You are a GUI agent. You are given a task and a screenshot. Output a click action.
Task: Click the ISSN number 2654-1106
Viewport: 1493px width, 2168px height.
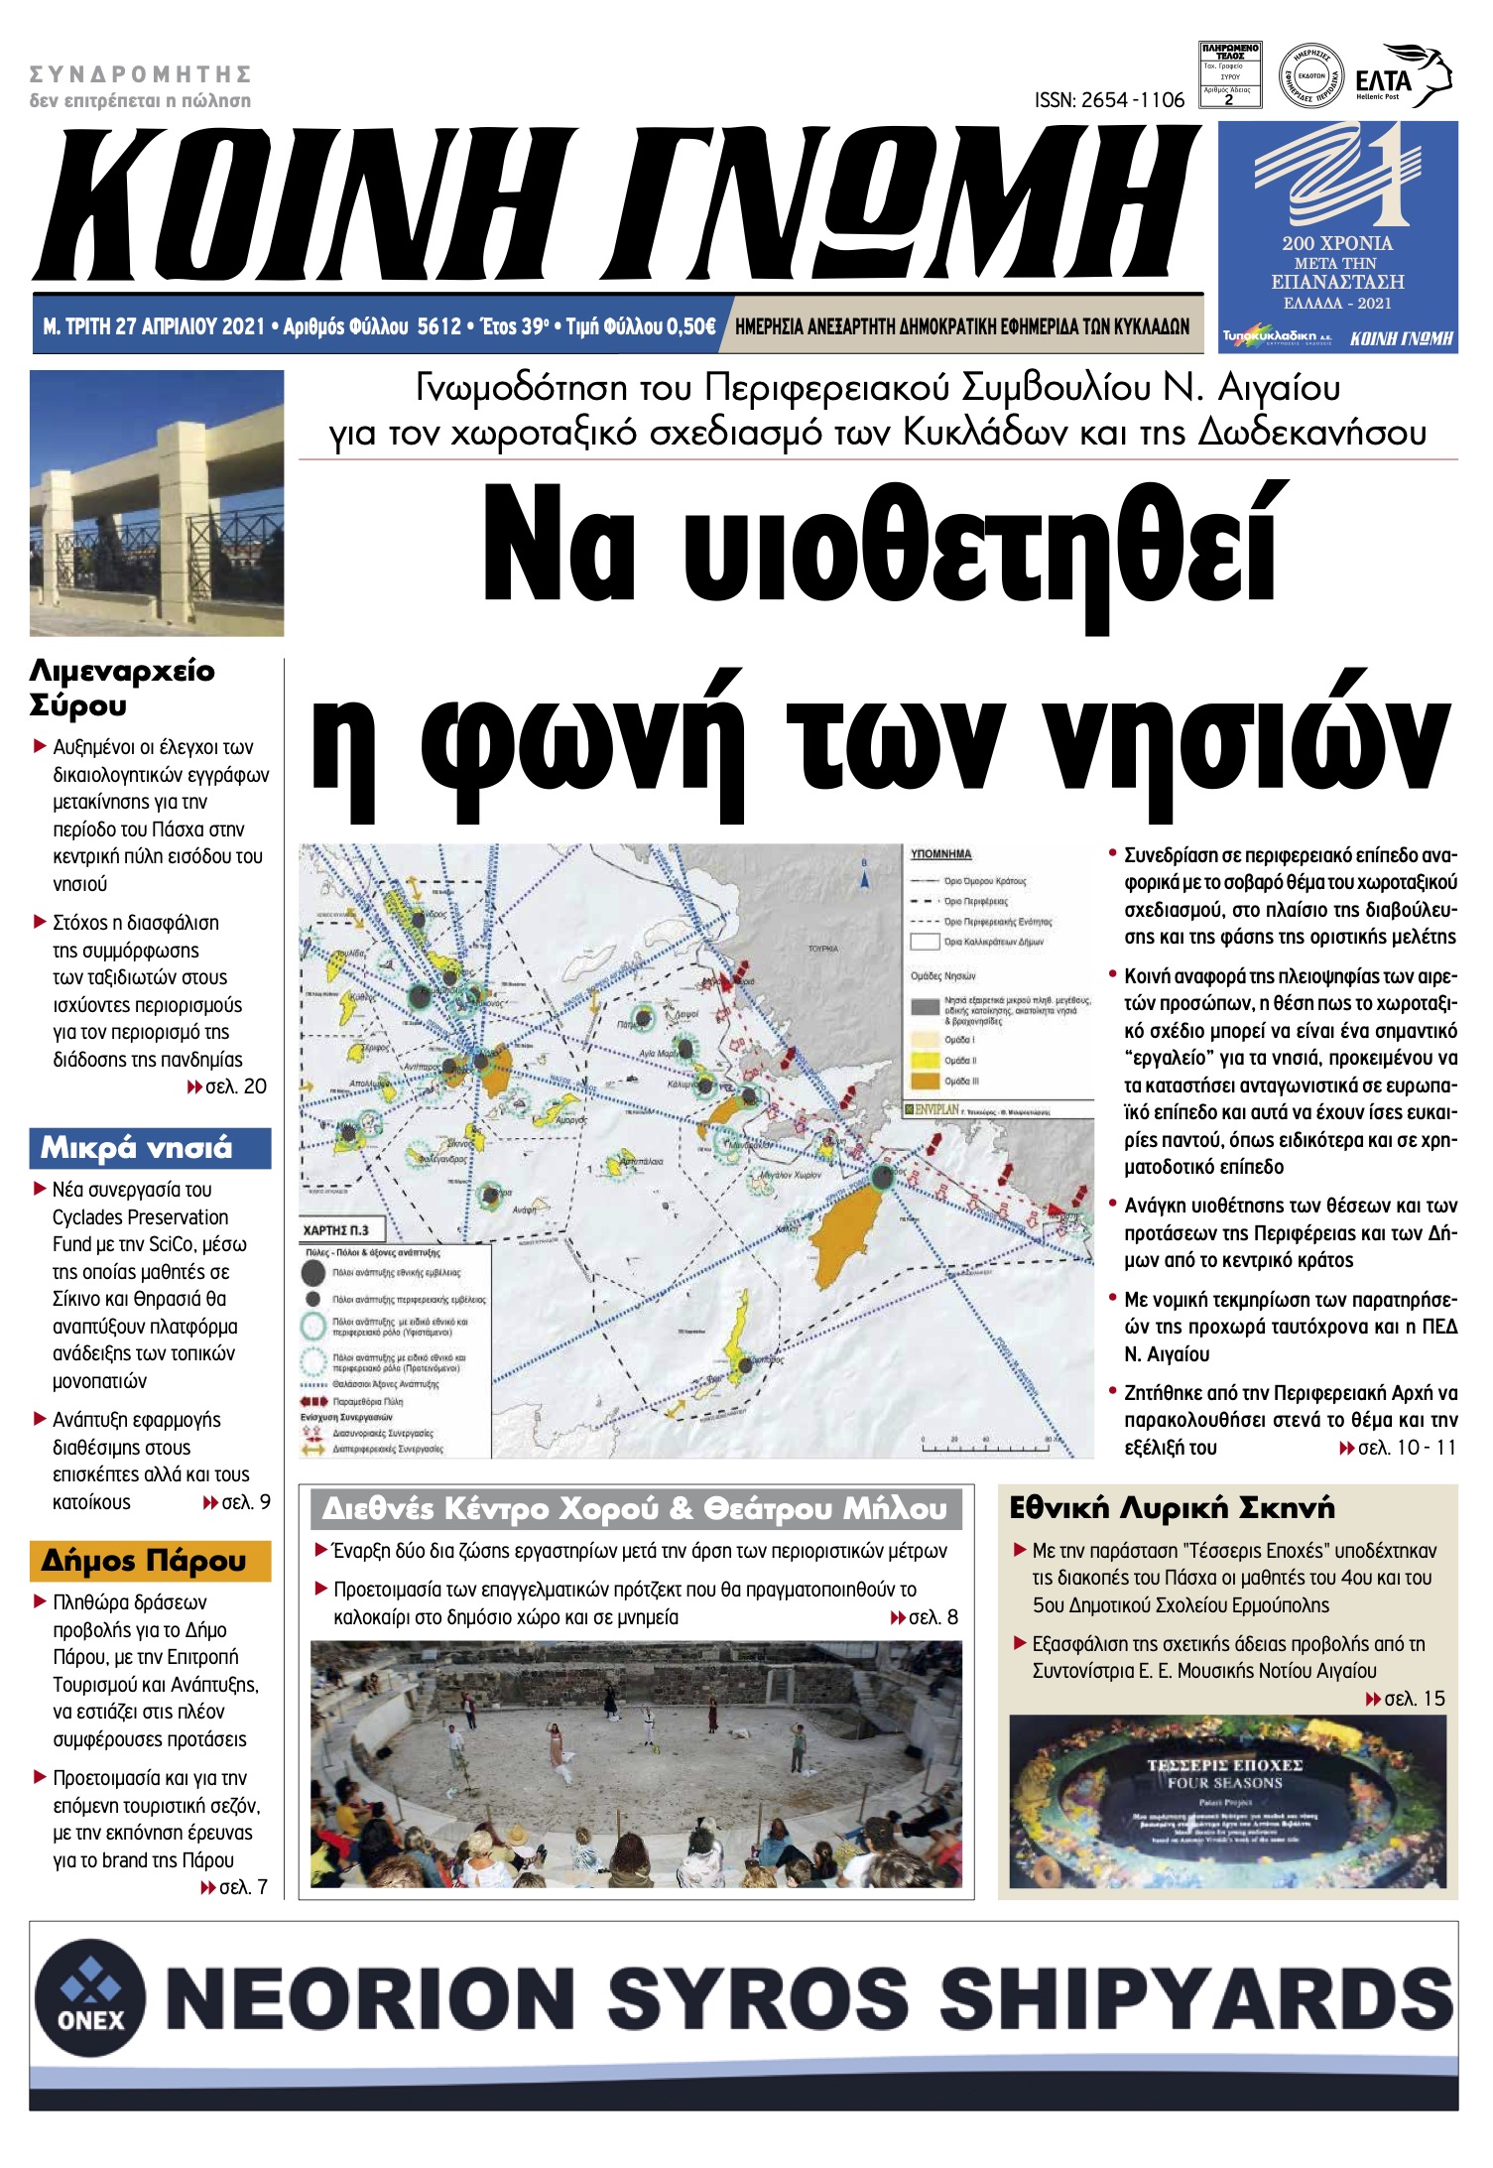pyautogui.click(x=1109, y=100)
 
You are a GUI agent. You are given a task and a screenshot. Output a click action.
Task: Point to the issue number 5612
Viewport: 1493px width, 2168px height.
pyautogui.click(x=438, y=326)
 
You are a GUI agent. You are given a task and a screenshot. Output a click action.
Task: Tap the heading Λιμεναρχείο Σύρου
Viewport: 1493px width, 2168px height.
pyautogui.click(x=121, y=688)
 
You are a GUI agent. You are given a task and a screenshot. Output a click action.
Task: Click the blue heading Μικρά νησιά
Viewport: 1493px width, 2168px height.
pyautogui.click(x=136, y=1148)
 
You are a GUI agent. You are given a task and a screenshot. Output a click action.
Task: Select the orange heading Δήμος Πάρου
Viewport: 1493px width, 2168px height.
pyautogui.click(x=144, y=1561)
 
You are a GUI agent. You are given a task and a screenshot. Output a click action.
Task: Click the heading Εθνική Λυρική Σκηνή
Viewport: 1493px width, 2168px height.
pyautogui.click(x=1172, y=1509)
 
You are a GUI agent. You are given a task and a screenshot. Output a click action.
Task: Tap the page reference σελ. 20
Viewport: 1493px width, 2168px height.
pyautogui.click(x=236, y=1086)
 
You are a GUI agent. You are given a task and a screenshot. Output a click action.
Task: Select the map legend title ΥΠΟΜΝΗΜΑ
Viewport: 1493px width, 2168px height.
pyautogui.click(x=940, y=854)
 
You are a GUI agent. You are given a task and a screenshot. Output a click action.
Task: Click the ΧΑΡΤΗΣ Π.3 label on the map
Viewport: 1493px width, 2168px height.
pyautogui.click(x=336, y=1230)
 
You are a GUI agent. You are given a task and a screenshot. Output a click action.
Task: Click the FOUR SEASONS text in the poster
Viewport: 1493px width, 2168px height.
pyautogui.click(x=1224, y=1783)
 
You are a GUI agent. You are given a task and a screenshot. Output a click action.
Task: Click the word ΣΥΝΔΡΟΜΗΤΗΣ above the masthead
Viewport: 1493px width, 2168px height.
pyautogui.click(x=140, y=74)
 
